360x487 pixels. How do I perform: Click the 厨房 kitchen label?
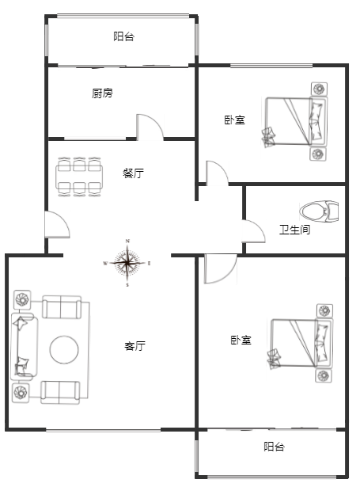coord(102,93)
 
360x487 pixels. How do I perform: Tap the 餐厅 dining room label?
coord(134,173)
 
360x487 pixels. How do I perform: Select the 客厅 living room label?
coord(135,346)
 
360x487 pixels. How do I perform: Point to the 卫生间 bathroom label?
coord(294,230)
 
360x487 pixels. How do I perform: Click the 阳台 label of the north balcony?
coord(124,36)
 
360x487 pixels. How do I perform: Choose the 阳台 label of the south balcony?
coord(275,447)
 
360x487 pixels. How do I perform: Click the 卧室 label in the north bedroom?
coord(235,120)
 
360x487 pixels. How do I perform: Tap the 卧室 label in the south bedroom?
coord(241,340)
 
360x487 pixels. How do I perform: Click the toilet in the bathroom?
coord(319,211)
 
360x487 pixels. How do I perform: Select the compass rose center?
coord(127,263)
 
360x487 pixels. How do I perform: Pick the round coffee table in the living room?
coord(64,350)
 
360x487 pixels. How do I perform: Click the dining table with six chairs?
coord(79,177)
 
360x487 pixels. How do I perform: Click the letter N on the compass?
coord(127,241)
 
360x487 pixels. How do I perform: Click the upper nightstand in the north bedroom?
coord(319,89)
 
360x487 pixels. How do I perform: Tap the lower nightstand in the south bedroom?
coord(323,376)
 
